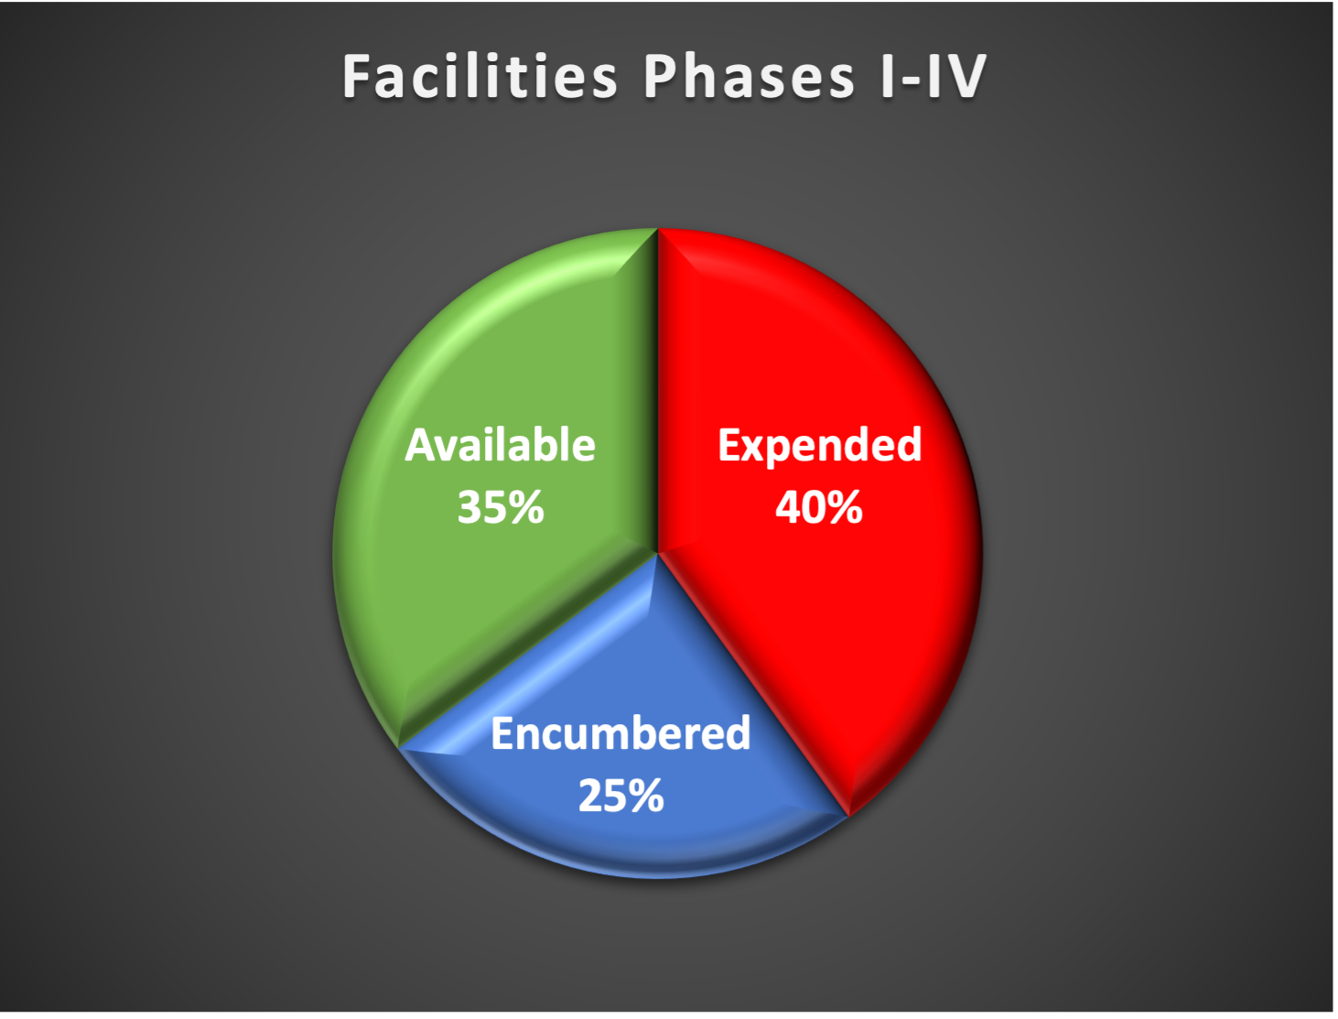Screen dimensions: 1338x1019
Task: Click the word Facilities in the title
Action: coord(480,76)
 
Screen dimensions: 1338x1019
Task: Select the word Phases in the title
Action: coord(750,76)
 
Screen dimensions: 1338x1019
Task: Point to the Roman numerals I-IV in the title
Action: coord(933,76)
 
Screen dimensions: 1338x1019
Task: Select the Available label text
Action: coord(500,445)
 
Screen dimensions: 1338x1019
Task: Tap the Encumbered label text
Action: coord(620,733)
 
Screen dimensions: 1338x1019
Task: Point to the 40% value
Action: coord(819,507)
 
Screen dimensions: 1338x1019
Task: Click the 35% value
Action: coord(501,507)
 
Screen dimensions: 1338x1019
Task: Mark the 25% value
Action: coord(620,796)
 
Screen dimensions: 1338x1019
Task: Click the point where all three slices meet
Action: coord(658,554)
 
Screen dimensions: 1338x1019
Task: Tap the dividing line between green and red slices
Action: coord(658,391)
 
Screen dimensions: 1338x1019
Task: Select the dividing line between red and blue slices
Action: coord(753,686)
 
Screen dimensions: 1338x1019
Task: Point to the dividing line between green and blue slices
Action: coord(527,651)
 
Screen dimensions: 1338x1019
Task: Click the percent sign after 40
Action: coord(844,507)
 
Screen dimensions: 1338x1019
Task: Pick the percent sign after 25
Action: coord(645,796)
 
